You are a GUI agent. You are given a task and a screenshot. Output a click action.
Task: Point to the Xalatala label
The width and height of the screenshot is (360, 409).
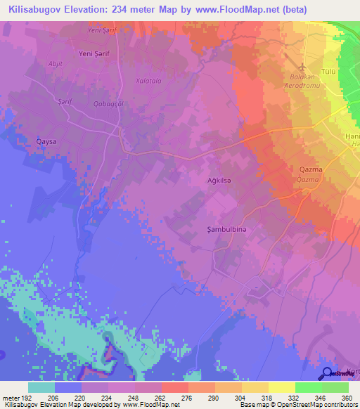[148, 81]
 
